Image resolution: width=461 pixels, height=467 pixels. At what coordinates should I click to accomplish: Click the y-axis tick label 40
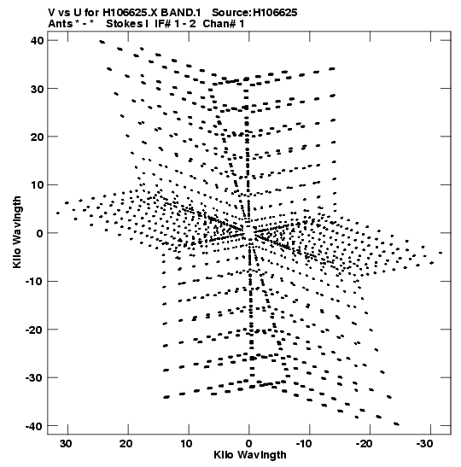tap(38, 40)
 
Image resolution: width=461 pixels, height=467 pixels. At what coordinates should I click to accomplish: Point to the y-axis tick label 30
tap(38, 89)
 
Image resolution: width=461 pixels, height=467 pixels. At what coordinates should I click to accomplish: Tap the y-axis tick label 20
tap(38, 137)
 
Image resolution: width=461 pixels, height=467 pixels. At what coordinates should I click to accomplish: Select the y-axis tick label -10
tap(34, 281)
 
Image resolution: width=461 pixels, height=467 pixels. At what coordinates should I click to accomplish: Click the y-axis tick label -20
tap(34, 330)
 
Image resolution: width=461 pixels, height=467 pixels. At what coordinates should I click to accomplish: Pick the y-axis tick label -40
tap(34, 426)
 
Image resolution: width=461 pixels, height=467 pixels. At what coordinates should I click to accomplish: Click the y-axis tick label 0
tap(40, 233)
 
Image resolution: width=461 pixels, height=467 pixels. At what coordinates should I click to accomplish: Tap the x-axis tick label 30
tap(66, 443)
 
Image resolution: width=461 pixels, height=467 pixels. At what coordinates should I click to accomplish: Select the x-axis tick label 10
tap(186, 443)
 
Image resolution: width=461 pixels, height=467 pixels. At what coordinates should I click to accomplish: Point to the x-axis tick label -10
tap(304, 443)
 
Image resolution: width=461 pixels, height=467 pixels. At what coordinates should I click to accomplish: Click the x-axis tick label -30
tap(424, 443)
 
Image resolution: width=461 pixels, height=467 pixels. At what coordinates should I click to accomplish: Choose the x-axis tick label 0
tap(248, 443)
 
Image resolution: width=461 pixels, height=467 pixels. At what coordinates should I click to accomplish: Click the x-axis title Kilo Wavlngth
tap(250, 455)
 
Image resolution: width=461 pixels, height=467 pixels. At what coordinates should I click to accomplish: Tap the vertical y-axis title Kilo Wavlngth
tap(17, 232)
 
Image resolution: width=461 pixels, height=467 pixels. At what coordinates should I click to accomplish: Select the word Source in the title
tap(231, 13)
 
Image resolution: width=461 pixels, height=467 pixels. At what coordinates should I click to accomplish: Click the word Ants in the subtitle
tap(61, 24)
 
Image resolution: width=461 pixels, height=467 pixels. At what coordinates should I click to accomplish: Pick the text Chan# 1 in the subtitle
tap(224, 24)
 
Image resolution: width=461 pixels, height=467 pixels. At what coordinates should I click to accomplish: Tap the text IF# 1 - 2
tap(175, 24)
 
